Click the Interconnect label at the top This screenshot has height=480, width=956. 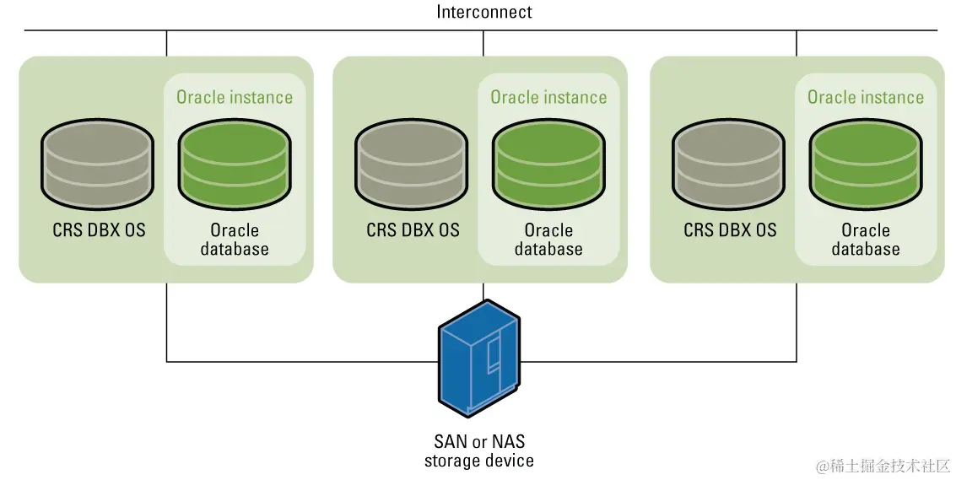pos(484,12)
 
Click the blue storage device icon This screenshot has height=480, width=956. pos(479,358)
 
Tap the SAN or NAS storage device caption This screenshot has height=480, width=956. pos(479,450)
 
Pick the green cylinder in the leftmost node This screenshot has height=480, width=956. pos(234,164)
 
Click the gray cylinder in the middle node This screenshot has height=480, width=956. pos(412,164)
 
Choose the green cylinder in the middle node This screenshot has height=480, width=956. pos(548,164)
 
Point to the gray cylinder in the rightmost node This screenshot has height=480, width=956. pos(728,164)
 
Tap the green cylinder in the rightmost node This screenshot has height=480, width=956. pos(866,164)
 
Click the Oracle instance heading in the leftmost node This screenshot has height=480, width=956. pos(235,97)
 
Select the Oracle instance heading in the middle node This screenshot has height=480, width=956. pos(548,97)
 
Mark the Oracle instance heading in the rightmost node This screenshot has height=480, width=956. pos(866,97)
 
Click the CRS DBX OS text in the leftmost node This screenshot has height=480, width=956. pos(99,230)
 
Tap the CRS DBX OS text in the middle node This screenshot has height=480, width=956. pos(413,230)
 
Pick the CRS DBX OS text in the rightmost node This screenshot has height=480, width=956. pos(730,230)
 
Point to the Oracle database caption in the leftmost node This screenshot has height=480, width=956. pos(235,239)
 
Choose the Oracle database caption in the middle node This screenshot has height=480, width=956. pos(548,239)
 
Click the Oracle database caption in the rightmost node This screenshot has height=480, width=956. pos(866,239)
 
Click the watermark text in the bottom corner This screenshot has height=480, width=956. pos(883,466)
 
